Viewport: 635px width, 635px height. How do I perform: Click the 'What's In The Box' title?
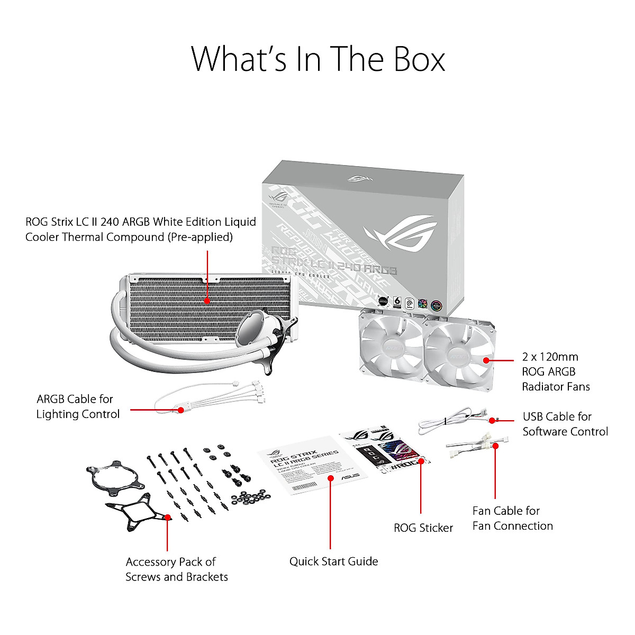coord(317,59)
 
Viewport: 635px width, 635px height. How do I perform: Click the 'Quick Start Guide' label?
coord(333,561)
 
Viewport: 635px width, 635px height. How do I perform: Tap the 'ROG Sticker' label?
coord(423,528)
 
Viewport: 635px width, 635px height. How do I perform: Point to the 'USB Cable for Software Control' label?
coord(565,424)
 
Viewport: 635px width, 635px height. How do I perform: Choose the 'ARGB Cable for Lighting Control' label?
coord(78,406)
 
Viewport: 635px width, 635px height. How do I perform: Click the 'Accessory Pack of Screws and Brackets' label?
coord(176,569)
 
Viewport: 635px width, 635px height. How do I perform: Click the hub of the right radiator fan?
coord(458,356)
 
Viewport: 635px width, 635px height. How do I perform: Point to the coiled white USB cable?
coord(444,421)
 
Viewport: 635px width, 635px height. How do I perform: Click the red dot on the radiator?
coord(207,301)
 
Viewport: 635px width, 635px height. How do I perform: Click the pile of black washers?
coord(251,497)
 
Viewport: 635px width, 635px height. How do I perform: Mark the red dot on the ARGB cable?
coord(180,410)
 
